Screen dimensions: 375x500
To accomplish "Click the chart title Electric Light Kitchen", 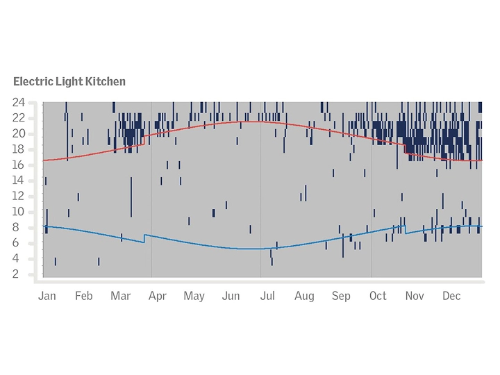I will [69, 81].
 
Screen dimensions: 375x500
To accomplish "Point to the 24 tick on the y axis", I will [19, 102].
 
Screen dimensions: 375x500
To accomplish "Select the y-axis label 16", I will [19, 165].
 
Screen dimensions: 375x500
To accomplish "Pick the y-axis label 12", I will [19, 196].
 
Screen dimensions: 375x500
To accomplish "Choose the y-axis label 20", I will [19, 133].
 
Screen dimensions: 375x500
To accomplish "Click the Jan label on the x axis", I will [47, 296].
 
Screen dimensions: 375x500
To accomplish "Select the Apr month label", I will [157, 296].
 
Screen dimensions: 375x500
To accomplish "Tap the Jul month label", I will [267, 296].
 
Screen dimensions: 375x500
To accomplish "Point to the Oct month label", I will [378, 296].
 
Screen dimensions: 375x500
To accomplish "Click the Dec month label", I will [451, 296].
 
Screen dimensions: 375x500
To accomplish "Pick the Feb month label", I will [83, 296].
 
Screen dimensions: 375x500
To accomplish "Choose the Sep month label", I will [341, 296].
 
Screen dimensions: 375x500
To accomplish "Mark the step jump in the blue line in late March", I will [144, 238].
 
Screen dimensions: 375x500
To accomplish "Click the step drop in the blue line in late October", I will [405, 229].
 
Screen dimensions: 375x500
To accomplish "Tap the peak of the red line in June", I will [250, 122].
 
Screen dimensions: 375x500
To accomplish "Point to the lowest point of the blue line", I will [253, 249].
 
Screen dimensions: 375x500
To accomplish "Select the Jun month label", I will [231, 296].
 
